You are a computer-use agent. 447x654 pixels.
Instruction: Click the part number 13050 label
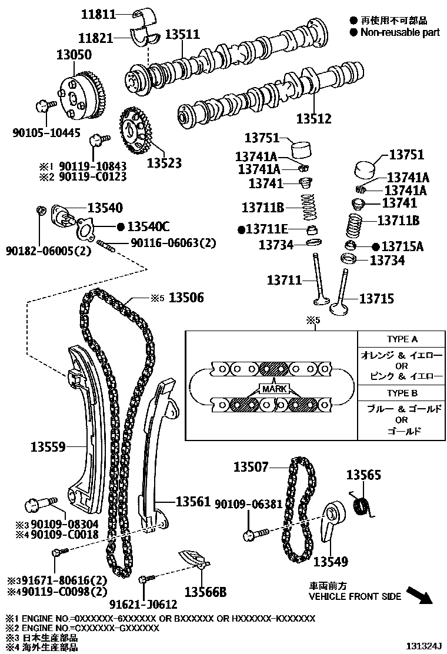(74, 55)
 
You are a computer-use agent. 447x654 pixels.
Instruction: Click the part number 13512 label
(313, 119)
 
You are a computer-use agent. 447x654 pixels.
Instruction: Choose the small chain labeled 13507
(300, 512)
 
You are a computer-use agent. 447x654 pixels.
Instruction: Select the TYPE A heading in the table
(402, 339)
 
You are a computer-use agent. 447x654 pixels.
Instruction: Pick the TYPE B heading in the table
(402, 393)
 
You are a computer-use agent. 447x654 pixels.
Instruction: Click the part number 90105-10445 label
(46, 133)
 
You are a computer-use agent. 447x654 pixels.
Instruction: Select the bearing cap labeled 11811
(142, 14)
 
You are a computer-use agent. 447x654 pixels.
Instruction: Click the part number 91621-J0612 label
(143, 603)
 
